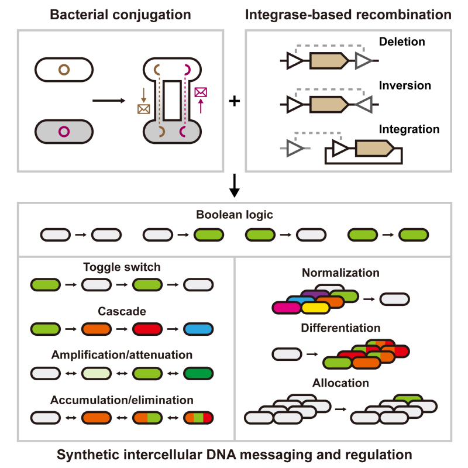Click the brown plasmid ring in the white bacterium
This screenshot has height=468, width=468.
click(x=64, y=66)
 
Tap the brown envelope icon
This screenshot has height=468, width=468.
click(x=143, y=109)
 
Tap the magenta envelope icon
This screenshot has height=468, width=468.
click(x=201, y=92)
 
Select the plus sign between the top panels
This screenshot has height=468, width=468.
click(x=235, y=101)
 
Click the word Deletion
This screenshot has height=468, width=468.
click(x=402, y=42)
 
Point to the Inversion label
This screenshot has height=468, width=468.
click(x=405, y=85)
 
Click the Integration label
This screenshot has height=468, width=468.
click(x=409, y=129)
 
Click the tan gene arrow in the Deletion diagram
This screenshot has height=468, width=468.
click(x=329, y=61)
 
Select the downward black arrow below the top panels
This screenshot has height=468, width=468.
click(x=235, y=185)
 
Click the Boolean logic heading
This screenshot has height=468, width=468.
click(x=235, y=215)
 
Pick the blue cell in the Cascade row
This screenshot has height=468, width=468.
click(x=198, y=329)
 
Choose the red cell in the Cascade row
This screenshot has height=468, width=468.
click(x=147, y=329)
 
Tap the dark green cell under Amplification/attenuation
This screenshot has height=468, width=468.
click(x=198, y=373)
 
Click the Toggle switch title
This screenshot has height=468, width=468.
click(x=122, y=267)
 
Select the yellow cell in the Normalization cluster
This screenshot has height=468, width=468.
click(x=315, y=308)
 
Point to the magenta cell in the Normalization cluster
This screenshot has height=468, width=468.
click(x=286, y=308)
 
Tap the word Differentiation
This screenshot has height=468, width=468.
click(x=340, y=328)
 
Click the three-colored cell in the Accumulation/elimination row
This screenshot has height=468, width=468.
click(x=198, y=418)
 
